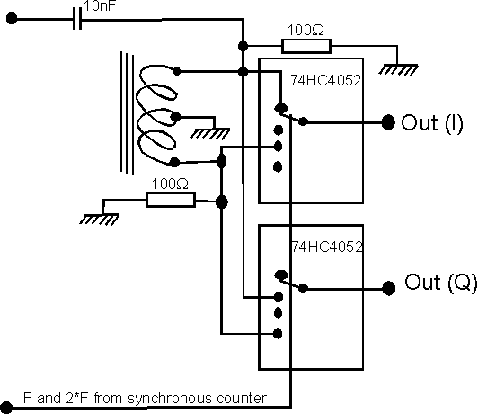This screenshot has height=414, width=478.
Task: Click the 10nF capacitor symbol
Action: click(77, 19)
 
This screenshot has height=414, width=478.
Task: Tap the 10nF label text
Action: click(100, 5)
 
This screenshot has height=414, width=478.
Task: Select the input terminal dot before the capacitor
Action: click(12, 18)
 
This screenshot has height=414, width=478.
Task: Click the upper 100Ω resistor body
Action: click(306, 47)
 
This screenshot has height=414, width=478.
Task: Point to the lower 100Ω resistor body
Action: click(171, 200)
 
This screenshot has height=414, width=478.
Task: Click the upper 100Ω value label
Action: click(305, 30)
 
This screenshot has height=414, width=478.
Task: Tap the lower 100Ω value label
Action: click(170, 184)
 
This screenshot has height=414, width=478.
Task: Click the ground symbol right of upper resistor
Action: click(398, 70)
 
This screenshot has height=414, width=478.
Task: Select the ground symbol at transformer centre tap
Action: click(210, 133)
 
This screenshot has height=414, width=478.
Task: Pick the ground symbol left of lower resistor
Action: click(99, 220)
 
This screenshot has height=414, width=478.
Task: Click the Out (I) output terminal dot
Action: click(388, 122)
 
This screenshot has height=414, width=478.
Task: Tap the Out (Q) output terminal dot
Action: click(389, 288)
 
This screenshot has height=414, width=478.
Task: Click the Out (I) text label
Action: click(432, 123)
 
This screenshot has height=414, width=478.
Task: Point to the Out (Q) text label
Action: click(440, 283)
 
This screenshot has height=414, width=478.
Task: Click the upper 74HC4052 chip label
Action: click(325, 80)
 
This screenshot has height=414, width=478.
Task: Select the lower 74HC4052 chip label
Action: click(327, 247)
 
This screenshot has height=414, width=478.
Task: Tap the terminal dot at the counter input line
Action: click(6, 408)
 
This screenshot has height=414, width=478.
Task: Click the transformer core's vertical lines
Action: click(127, 113)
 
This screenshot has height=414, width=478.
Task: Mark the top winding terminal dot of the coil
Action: click(176, 71)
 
